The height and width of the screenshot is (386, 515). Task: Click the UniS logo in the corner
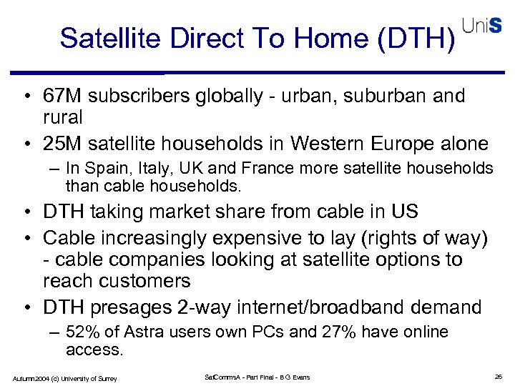pos(482,26)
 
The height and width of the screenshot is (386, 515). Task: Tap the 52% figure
pos(80,332)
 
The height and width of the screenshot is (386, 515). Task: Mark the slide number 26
pos(499,377)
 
